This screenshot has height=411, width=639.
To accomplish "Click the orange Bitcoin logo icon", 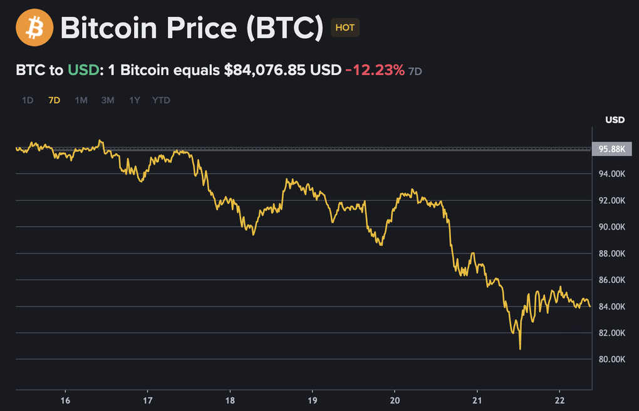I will click(35, 28).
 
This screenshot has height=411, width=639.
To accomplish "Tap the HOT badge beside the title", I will click(345, 28).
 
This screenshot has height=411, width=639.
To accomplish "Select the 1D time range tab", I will click(28, 100).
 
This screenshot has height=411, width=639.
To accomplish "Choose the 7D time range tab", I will click(55, 100).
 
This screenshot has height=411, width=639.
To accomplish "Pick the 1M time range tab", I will click(81, 100).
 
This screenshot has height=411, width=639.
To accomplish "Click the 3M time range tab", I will click(108, 100).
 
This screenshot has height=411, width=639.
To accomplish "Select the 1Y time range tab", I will click(135, 100).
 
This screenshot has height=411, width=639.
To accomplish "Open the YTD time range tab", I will click(161, 100).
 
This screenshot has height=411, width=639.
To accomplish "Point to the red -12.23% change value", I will click(375, 70).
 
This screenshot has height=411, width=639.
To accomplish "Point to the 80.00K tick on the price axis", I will click(612, 359).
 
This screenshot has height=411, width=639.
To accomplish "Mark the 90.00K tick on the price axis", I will click(612, 227).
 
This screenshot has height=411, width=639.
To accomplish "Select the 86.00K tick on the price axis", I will click(612, 280).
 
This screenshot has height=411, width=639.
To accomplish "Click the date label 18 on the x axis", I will click(230, 400).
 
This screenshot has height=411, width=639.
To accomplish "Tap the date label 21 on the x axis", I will click(477, 400).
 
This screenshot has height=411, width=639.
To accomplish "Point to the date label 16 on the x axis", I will click(65, 400).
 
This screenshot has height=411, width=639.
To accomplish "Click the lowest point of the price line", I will click(521, 348).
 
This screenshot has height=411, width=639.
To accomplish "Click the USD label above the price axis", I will click(615, 119).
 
